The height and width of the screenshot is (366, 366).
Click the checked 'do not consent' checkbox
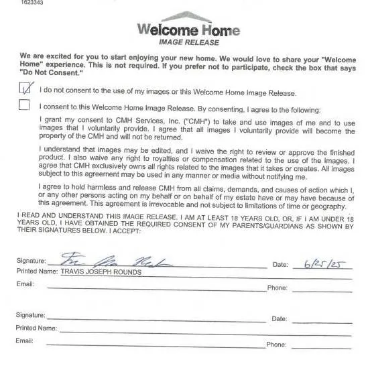pyautogui.click(x=25, y=88)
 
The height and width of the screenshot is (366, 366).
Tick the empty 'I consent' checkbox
pyautogui.click(x=25, y=105)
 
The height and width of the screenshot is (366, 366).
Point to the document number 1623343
pyautogui.click(x=11, y=3)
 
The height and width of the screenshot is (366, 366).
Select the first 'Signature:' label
pyautogui.click(x=31, y=261)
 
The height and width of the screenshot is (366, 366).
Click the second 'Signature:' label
pyautogui.click(x=31, y=315)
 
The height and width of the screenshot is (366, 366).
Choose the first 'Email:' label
pyautogui.click(x=25, y=284)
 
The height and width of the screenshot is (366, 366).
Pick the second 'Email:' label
pyautogui.click(x=25, y=341)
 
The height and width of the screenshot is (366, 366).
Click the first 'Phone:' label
pyautogui.click(x=277, y=288)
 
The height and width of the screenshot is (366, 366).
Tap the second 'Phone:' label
pyautogui.click(x=277, y=345)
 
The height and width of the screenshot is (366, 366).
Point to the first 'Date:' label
pyautogui.click(x=280, y=265)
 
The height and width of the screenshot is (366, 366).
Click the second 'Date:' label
pyautogui.click(x=280, y=319)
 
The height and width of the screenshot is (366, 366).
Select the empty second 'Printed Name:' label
pyautogui.click(x=36, y=328)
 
